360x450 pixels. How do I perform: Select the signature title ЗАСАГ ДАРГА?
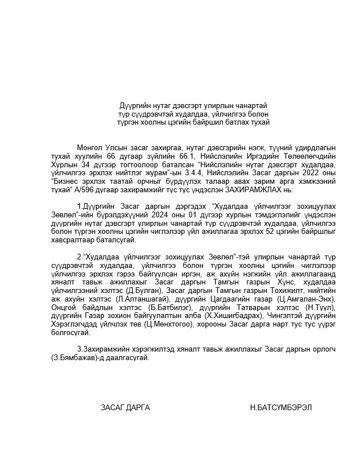125,408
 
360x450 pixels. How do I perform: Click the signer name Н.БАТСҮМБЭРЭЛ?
280,408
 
